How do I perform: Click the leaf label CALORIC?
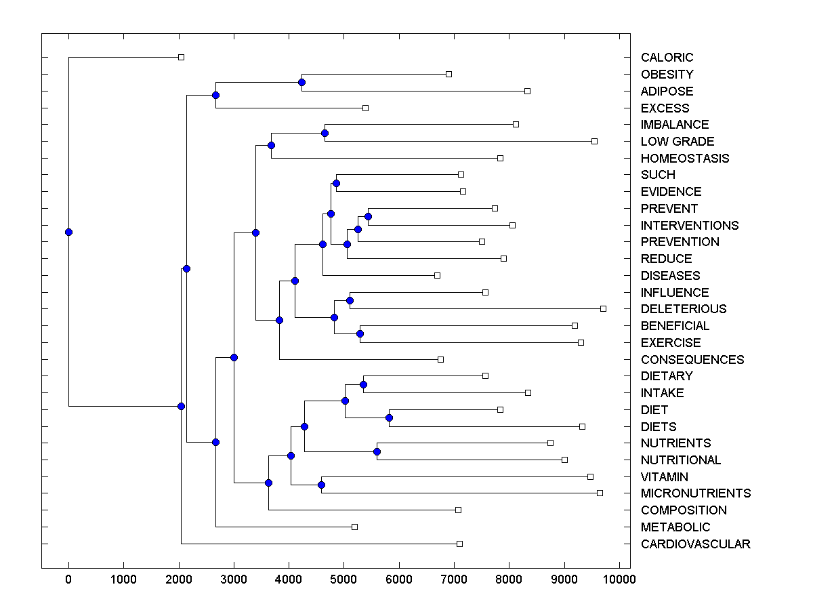667,58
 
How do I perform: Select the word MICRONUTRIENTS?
695,493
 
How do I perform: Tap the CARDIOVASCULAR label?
695,544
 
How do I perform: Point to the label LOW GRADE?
677,142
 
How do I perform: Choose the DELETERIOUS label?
683,309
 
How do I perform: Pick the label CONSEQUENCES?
692,360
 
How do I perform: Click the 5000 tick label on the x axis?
343,579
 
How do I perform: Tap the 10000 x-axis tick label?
619,579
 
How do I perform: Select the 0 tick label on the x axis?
68,579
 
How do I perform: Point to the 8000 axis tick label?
509,579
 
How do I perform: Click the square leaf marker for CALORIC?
181,57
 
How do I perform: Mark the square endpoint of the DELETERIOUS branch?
603,308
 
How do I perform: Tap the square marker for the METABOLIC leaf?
354,527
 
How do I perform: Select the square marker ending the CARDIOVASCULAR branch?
459,544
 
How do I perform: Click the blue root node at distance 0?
68,232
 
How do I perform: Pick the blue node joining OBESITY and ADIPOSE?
301,83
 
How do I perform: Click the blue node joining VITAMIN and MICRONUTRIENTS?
321,485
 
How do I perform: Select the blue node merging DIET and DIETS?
389,418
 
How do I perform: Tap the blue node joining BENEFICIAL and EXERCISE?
360,333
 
